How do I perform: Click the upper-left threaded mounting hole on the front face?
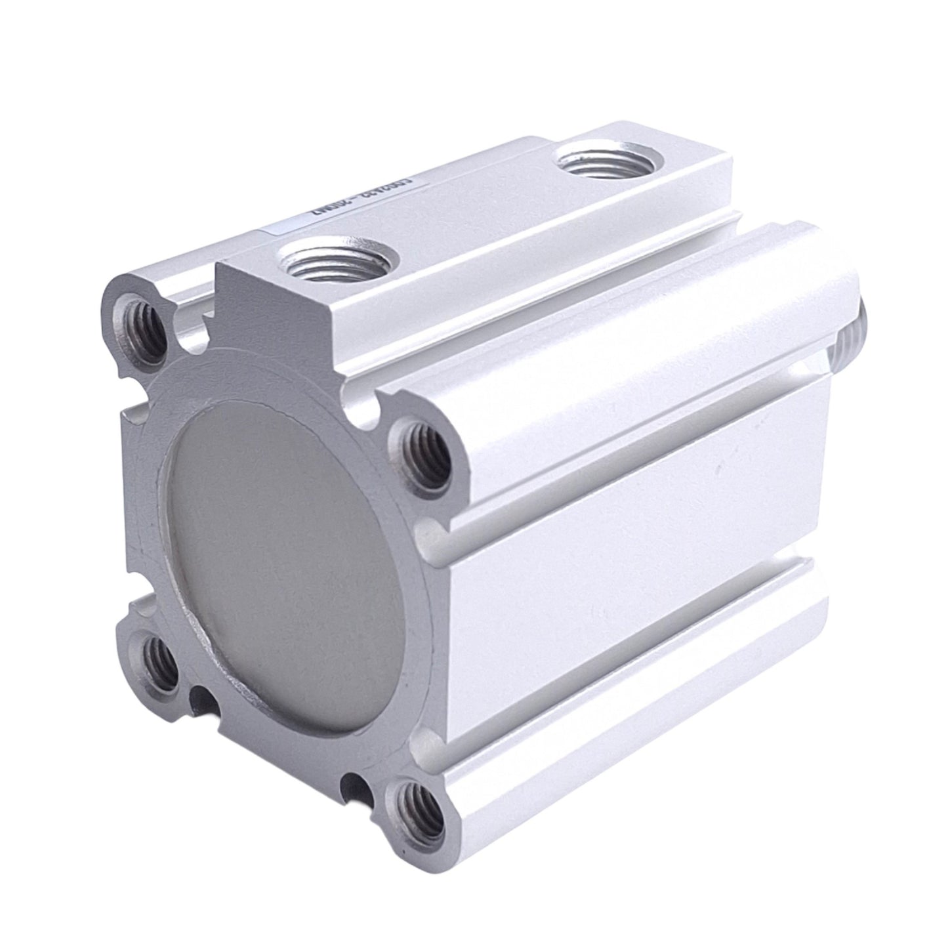coord(139,328)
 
